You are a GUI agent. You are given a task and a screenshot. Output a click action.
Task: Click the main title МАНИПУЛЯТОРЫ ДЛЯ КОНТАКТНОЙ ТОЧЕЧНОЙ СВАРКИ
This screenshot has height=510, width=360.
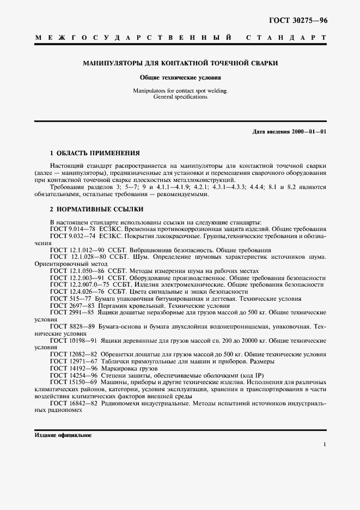(x=180, y=63)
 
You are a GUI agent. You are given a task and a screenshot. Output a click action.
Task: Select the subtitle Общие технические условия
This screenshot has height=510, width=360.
(x=180, y=77)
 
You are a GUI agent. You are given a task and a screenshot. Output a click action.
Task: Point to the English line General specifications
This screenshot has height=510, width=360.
(x=180, y=96)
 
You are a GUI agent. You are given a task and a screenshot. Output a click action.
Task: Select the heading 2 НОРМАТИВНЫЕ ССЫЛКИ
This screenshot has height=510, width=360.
(x=89, y=209)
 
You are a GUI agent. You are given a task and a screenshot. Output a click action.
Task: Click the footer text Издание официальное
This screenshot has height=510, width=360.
(x=63, y=436)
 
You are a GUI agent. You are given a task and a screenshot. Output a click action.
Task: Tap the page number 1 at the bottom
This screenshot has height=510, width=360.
(x=325, y=445)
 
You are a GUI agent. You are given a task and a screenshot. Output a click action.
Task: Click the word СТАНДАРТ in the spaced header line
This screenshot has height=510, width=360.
(x=286, y=39)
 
